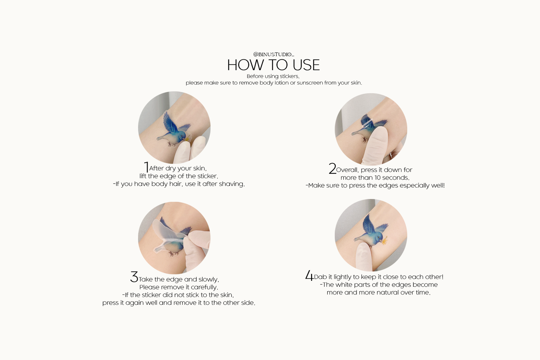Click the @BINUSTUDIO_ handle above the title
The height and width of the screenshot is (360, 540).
pos(274,54)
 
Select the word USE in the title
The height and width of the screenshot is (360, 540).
pos(306,65)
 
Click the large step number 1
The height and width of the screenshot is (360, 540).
pos(146,167)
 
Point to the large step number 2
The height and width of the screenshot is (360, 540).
pos(332,168)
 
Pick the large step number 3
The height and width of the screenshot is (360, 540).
pos(134,277)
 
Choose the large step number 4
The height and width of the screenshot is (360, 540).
pos(309,275)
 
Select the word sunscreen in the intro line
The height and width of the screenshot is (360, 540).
pos(310,83)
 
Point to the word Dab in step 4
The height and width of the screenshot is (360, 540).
pos(320,277)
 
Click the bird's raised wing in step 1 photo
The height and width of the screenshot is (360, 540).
pos(170,122)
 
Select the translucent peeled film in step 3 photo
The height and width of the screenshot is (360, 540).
pos(166,231)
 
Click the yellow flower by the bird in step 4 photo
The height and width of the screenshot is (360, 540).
pos(384,240)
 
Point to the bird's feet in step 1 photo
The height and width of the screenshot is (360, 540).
pos(172,144)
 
